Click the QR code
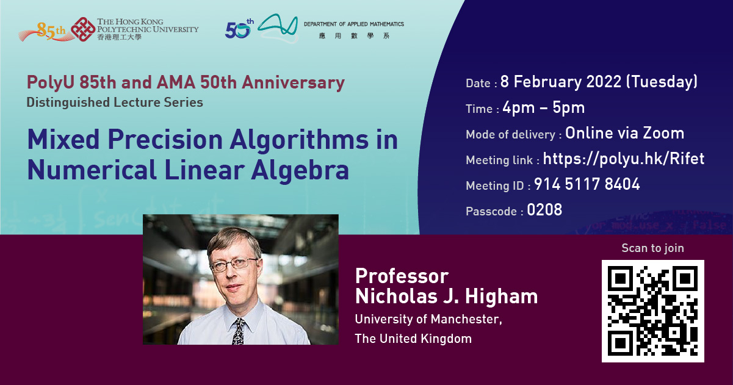coord(652,311)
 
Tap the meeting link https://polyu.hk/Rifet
coord(623,159)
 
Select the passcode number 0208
coord(544,210)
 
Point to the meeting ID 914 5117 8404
coord(587,185)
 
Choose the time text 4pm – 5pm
coord(543,108)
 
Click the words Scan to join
coord(652,248)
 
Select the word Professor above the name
coord(402,275)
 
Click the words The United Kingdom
coord(413,339)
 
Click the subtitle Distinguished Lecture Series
coord(115,102)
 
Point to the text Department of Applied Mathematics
coord(354,24)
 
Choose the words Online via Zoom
coord(624,133)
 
